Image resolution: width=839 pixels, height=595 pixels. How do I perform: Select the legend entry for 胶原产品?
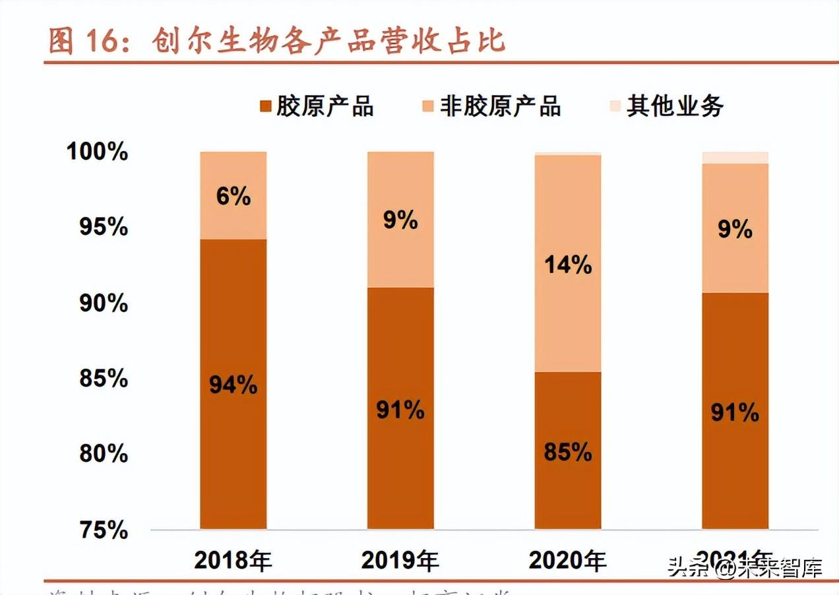pyautogui.click(x=317, y=106)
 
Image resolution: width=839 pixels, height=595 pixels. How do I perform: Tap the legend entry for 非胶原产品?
pyautogui.click(x=491, y=106)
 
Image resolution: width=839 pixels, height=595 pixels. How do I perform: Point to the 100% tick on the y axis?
pyautogui.click(x=97, y=152)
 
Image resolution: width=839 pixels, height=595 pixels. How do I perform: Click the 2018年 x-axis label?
pyautogui.click(x=233, y=561)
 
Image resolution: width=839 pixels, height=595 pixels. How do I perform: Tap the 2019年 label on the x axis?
pyautogui.click(x=400, y=561)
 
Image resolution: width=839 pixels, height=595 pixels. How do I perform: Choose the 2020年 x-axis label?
pyautogui.click(x=568, y=561)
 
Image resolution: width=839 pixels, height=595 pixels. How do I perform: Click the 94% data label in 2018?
pyautogui.click(x=233, y=385)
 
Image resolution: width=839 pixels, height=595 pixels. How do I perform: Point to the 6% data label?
pyautogui.click(x=233, y=196)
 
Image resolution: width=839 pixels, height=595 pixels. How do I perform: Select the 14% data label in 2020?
pyautogui.click(x=568, y=265)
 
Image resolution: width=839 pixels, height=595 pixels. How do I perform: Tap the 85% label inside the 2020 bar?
pyautogui.click(x=568, y=453)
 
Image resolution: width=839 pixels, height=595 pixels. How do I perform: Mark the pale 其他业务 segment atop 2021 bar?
pyautogui.click(x=735, y=157)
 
